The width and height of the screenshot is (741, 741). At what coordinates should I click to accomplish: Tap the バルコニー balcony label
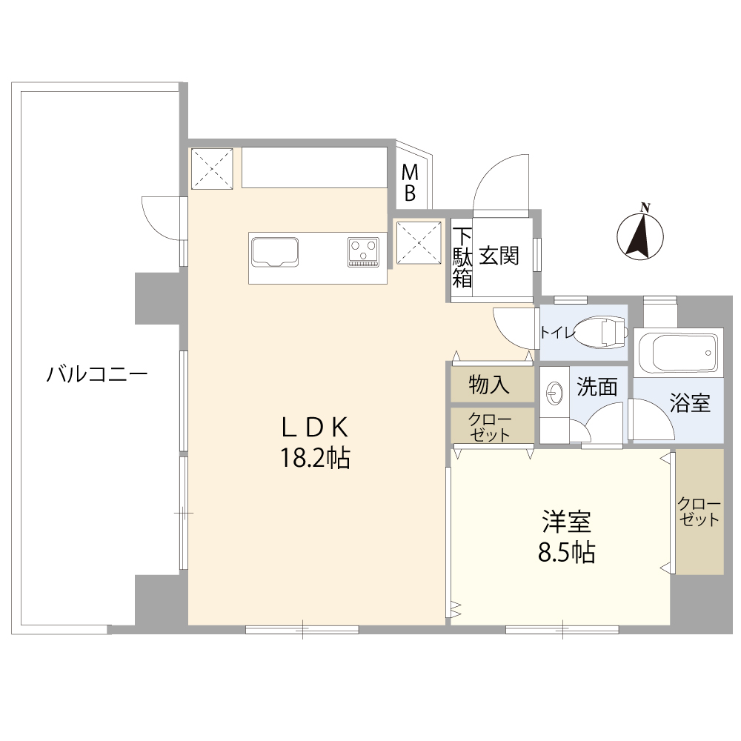(x=97, y=375)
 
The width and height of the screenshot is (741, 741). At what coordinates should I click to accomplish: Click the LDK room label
(x=315, y=428)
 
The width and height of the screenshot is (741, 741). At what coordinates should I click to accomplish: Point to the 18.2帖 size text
(x=315, y=457)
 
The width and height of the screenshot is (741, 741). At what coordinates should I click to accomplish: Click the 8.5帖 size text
(x=566, y=552)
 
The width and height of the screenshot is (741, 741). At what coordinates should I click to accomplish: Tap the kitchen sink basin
(x=275, y=251)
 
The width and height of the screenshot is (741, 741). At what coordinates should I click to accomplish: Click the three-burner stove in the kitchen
(x=363, y=252)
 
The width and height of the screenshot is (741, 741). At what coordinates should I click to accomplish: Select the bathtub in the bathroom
(x=678, y=353)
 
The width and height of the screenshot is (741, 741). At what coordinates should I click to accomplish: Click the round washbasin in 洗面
(x=554, y=392)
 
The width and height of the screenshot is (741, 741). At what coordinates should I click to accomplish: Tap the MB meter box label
(x=410, y=183)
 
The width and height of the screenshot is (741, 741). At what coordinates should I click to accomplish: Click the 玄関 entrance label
(x=499, y=256)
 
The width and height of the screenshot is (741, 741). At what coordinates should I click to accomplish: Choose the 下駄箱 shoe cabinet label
(x=462, y=258)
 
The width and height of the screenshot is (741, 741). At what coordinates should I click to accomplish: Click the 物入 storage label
(x=489, y=385)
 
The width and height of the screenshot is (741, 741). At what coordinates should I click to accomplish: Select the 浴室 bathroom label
(x=690, y=402)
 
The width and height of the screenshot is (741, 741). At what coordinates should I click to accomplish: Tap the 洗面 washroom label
(x=597, y=387)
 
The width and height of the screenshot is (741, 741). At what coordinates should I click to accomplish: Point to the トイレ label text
(x=558, y=333)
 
